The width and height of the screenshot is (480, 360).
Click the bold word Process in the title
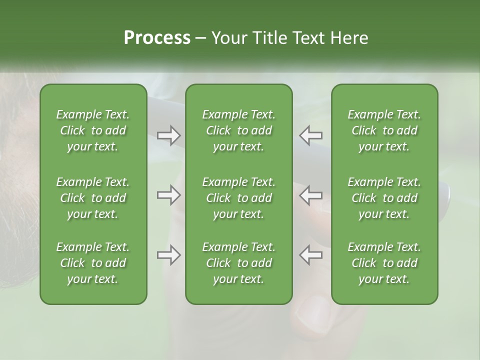click(157, 38)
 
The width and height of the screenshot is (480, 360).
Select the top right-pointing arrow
click(168, 135)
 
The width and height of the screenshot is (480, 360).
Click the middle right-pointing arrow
click(168, 195)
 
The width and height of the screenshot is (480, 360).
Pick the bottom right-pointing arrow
click(168, 255)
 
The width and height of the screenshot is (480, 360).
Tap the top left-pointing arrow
click(311, 135)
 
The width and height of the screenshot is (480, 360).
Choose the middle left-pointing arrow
click(311, 195)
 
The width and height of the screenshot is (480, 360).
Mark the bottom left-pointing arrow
click(311, 255)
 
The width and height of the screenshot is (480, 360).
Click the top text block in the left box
click(93, 130)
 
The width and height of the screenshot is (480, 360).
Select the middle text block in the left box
click(93, 198)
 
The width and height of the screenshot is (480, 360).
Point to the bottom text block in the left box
click(93, 263)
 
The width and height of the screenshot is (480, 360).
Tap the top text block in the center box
click(238, 130)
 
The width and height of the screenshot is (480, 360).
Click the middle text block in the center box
click(238, 198)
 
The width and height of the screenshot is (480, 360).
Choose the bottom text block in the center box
click(238, 263)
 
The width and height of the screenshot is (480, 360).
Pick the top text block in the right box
click(384, 130)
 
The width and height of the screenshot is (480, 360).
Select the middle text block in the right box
click(384, 198)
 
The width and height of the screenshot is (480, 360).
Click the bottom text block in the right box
click(384, 263)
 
